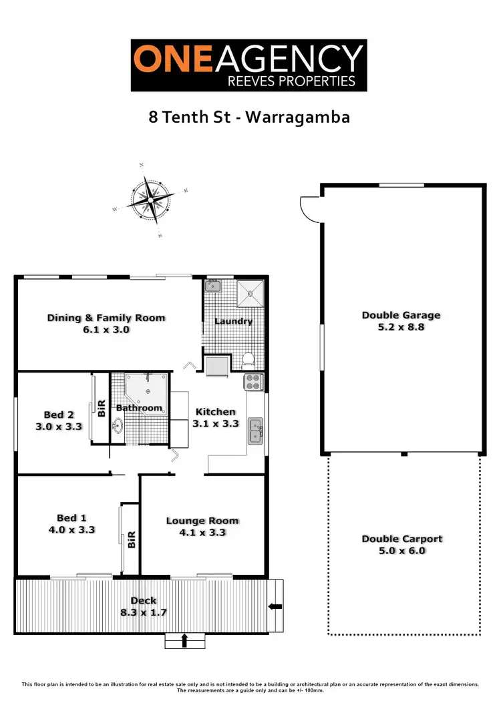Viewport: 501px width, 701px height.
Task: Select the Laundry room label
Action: point(233,321)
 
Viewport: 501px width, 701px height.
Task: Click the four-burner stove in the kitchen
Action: point(255,383)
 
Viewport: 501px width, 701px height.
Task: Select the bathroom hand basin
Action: point(119,425)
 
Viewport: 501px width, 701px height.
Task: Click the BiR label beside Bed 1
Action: point(131,539)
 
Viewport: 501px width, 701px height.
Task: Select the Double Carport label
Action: point(402,539)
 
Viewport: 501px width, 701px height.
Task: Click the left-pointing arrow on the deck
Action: point(275,606)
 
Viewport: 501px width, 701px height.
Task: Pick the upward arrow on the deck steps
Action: point(184,641)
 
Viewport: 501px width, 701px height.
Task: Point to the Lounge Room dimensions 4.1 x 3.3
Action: point(202,533)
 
